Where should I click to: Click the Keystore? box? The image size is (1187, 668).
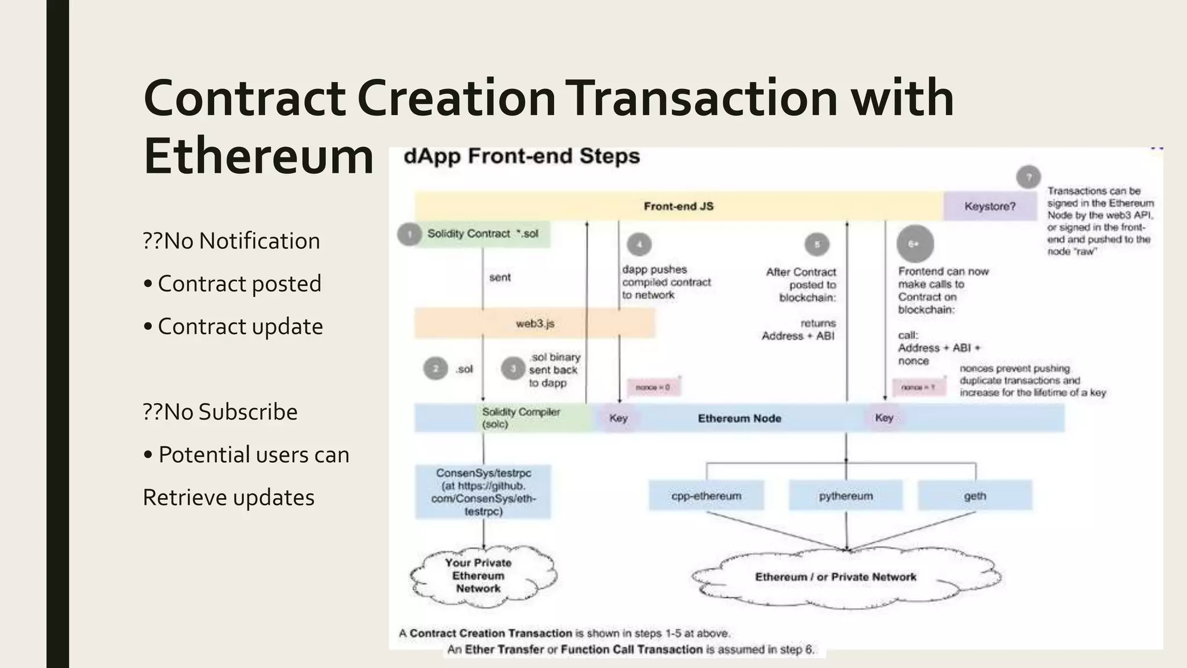click(990, 206)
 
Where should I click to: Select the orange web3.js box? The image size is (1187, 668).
click(534, 324)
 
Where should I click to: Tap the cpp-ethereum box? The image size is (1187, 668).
click(706, 496)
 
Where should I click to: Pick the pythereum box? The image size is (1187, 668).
click(846, 496)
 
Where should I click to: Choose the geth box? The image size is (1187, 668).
click(975, 496)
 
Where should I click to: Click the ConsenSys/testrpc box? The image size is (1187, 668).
click(483, 492)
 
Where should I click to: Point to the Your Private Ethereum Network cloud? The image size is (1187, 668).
click(479, 576)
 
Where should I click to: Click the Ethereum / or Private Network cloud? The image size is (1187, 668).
click(836, 577)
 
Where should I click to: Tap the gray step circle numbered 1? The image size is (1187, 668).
click(409, 234)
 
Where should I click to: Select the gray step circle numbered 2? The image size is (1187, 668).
click(435, 369)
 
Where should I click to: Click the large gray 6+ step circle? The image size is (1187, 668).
click(915, 244)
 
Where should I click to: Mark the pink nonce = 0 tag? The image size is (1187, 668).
click(653, 387)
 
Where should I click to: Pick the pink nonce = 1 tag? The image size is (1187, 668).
click(918, 387)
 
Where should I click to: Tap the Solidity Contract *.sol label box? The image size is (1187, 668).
click(483, 234)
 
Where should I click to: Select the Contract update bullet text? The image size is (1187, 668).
click(240, 326)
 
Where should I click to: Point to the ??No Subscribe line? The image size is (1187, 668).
click(220, 412)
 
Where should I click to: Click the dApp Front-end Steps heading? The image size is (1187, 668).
click(522, 157)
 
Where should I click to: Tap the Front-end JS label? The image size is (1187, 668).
click(679, 206)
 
